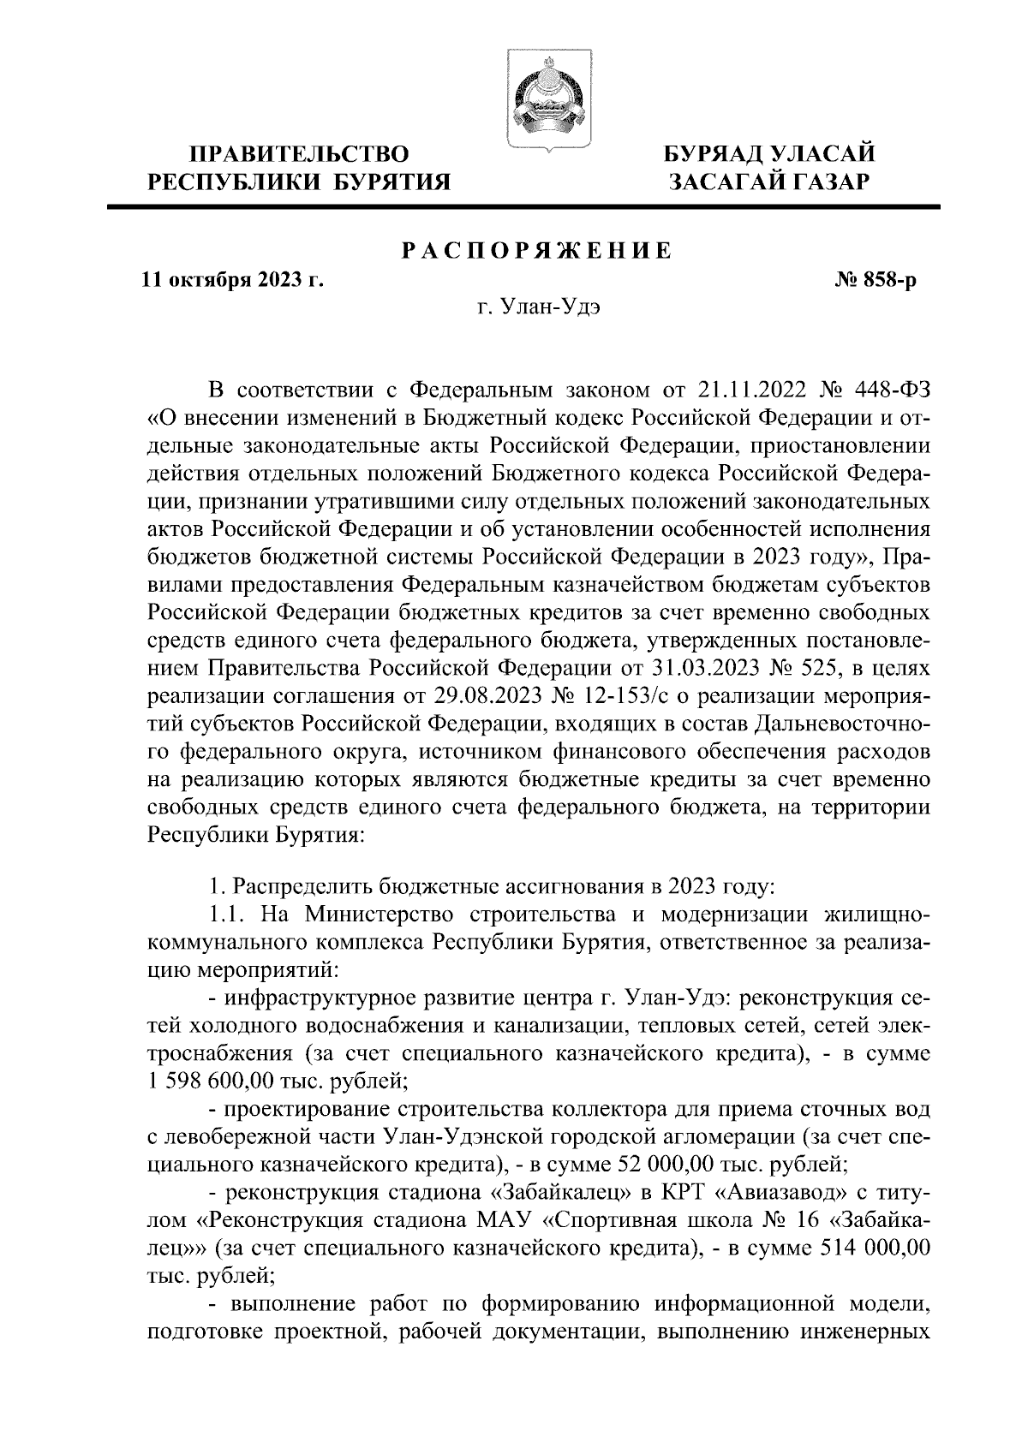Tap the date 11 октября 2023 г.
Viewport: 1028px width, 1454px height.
233,280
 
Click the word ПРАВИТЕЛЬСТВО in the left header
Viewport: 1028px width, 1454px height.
300,155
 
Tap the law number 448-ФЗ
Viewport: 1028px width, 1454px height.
887,391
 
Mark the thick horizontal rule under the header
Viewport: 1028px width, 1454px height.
523,206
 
